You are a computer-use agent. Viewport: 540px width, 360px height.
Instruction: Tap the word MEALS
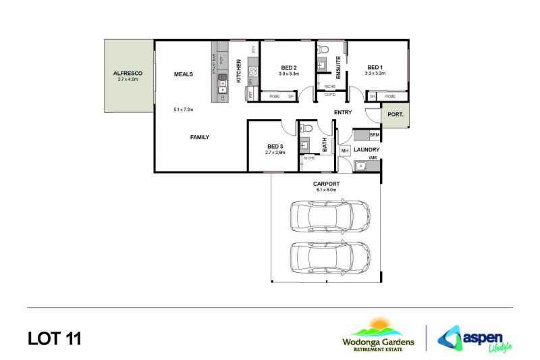tap(184, 74)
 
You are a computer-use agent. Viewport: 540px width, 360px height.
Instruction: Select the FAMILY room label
tap(199, 137)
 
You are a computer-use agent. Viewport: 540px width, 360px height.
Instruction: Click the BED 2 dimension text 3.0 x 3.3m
tap(289, 73)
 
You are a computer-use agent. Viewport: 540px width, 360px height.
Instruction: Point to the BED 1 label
tap(375, 66)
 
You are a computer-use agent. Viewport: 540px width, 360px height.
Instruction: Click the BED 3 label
tap(275, 146)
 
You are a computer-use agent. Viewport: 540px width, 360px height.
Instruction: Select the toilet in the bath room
tap(306, 128)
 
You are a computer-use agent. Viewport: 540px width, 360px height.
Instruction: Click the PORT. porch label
tap(395, 115)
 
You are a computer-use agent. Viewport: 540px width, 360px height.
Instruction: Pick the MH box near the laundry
tap(344, 150)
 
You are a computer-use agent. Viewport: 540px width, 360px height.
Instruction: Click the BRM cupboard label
tap(374, 136)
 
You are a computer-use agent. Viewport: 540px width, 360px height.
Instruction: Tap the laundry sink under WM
tap(362, 165)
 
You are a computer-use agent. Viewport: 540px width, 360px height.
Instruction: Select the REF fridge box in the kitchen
tap(251, 95)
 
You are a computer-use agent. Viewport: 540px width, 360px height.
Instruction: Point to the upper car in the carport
tap(330, 215)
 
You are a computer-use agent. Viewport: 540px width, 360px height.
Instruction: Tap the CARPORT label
tap(325, 184)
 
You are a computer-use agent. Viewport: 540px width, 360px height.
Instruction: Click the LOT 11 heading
tap(54, 338)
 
